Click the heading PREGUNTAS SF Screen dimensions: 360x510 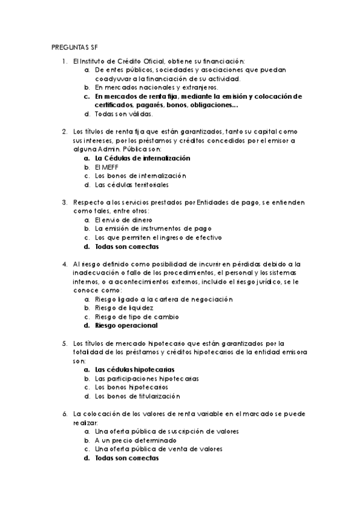pos(75,46)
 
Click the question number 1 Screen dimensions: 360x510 pos(64,61)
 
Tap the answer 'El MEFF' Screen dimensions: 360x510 pos(106,167)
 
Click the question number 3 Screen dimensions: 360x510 pos(64,203)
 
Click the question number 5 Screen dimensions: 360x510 pos(64,343)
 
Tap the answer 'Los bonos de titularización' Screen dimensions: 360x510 pos(137,397)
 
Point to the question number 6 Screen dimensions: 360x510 pos(64,414)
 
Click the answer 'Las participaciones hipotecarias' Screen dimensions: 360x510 pos(147,379)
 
